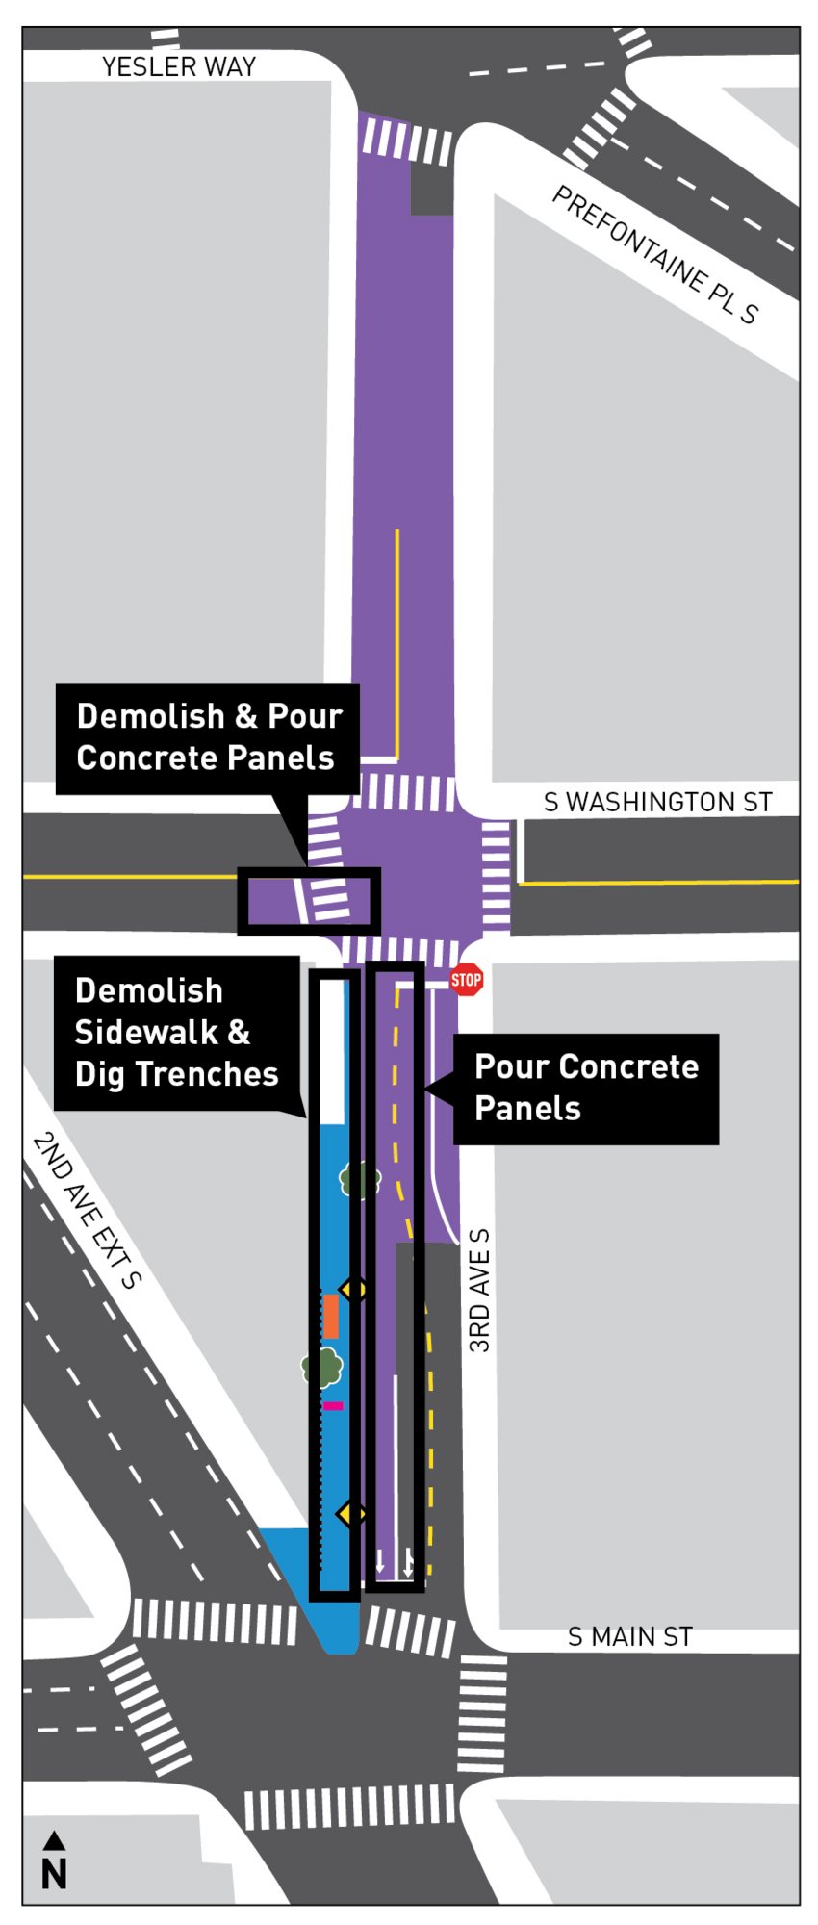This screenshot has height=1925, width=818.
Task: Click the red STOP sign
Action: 466,980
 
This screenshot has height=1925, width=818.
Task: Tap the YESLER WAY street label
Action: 179,66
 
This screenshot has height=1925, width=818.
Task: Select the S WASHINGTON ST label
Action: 658,802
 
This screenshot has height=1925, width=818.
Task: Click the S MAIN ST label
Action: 630,1636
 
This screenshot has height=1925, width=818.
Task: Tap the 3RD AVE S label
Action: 479,1291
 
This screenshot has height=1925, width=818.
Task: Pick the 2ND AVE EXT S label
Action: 87,1210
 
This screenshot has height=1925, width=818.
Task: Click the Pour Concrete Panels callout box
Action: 586,1089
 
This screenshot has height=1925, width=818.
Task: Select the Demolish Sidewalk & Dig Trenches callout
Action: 177,1033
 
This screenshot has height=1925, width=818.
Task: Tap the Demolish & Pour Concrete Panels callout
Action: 207,738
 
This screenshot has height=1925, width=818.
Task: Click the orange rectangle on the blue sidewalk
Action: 330,1316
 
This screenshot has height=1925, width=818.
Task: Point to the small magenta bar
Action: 333,1406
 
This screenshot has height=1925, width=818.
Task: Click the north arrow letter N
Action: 54,1874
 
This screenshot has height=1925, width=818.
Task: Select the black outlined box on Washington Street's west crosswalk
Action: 309,901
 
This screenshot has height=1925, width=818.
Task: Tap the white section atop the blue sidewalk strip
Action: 332,1051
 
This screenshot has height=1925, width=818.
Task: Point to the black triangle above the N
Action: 54,1841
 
